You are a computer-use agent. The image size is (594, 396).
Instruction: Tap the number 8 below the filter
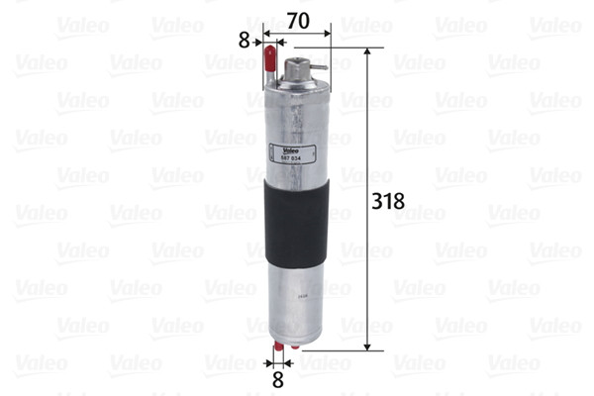pyautogui.click(x=278, y=379)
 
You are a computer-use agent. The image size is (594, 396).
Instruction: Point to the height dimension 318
pyautogui.click(x=386, y=201)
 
